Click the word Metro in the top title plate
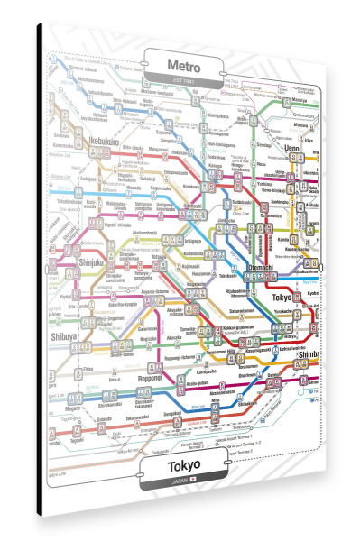[x=186, y=65]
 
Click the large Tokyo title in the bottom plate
[x=185, y=469]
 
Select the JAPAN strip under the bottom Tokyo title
[x=185, y=484]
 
